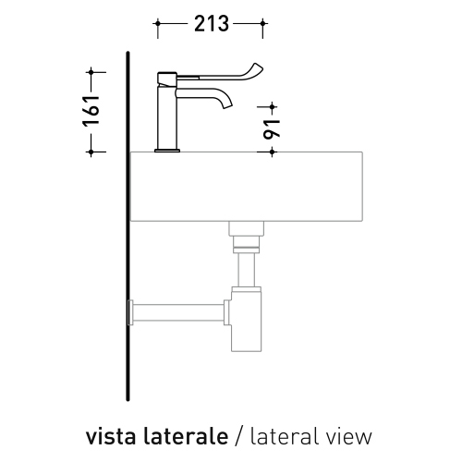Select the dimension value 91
[272, 129]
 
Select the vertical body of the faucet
[167, 115]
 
